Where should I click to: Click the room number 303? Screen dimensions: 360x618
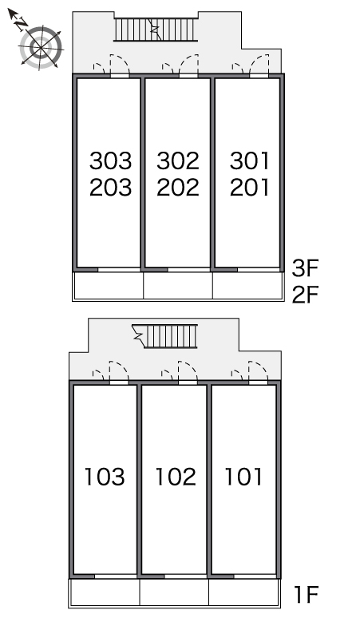pos(110,160)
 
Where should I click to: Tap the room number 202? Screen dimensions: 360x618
pos(178,187)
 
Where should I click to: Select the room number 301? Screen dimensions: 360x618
pos(249,160)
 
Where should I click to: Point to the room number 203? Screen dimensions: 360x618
pos(110,187)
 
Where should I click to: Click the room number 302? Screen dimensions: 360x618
pos(178,160)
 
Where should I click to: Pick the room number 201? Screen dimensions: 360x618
pos(249,187)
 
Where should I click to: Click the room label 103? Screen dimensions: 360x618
pos(105,476)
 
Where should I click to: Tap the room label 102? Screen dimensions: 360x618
pos(176,476)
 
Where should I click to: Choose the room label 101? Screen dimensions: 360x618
pos(243,476)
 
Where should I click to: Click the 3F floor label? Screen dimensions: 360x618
pos(305,268)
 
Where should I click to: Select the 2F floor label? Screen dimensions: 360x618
pos(305,295)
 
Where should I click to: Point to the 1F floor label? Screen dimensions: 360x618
pos(306,594)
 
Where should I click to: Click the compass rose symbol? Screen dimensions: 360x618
pos(41,48)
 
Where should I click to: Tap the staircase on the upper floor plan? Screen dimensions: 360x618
pos(156,30)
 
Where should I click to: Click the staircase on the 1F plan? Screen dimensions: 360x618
pos(165,336)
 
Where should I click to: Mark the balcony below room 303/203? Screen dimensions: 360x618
pos(109,285)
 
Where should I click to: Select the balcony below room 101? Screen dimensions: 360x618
pos(243,592)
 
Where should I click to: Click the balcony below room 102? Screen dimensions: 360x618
pos(174,592)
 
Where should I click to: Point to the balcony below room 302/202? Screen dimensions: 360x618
pos(178,285)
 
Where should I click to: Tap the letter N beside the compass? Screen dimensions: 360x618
pos(22,24)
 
